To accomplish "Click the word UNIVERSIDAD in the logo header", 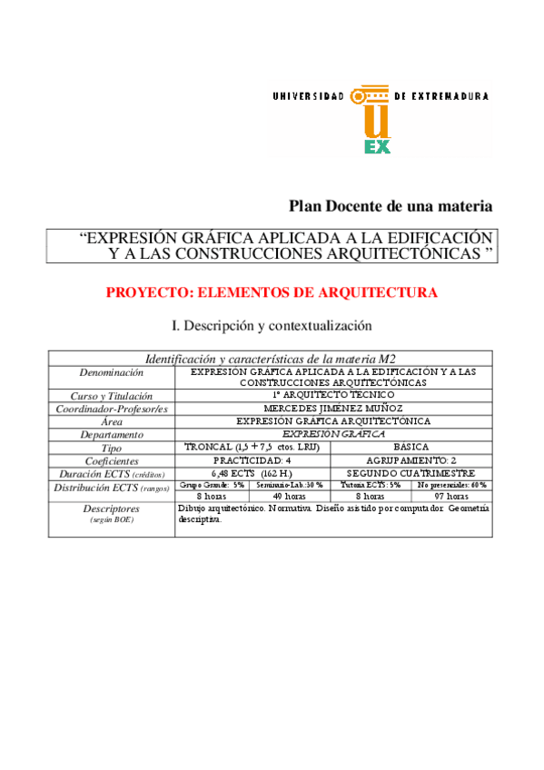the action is [x=308, y=95].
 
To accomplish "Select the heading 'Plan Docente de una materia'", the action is [x=391, y=206].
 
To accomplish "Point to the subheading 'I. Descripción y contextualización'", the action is [x=272, y=324].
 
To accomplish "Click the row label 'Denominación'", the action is [x=111, y=372].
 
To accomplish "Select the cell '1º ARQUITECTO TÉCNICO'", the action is [x=333, y=396].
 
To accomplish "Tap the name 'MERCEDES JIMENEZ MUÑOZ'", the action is [x=333, y=409].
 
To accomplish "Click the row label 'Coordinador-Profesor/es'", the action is [x=111, y=409].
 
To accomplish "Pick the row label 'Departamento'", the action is [x=111, y=434].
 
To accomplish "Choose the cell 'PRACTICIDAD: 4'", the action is [x=252, y=460].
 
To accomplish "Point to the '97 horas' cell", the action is [x=451, y=497].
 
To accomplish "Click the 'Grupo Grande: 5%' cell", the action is [x=211, y=486].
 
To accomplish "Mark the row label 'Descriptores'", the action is [x=111, y=509].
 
